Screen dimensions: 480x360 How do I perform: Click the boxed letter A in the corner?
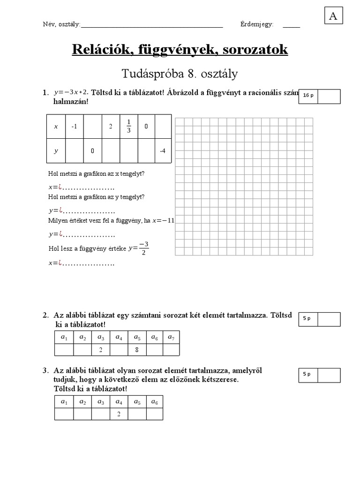(333, 16)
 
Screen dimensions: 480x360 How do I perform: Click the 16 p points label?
(308, 96)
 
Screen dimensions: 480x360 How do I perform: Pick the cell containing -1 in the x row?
(74, 127)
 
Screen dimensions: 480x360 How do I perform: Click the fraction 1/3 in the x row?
(128, 126)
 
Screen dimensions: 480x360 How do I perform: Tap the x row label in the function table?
(56, 127)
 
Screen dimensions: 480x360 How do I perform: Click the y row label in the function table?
(56, 151)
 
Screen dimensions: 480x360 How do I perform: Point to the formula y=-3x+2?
(71, 92)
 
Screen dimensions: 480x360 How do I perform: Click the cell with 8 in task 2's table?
(137, 350)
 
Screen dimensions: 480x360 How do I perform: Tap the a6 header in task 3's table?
(155, 402)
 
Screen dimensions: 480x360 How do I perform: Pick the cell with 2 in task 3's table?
(119, 414)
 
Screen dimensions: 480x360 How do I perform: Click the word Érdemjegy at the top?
(256, 24)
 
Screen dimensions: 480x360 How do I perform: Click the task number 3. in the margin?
(45, 371)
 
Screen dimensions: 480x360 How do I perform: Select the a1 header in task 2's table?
(64, 337)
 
